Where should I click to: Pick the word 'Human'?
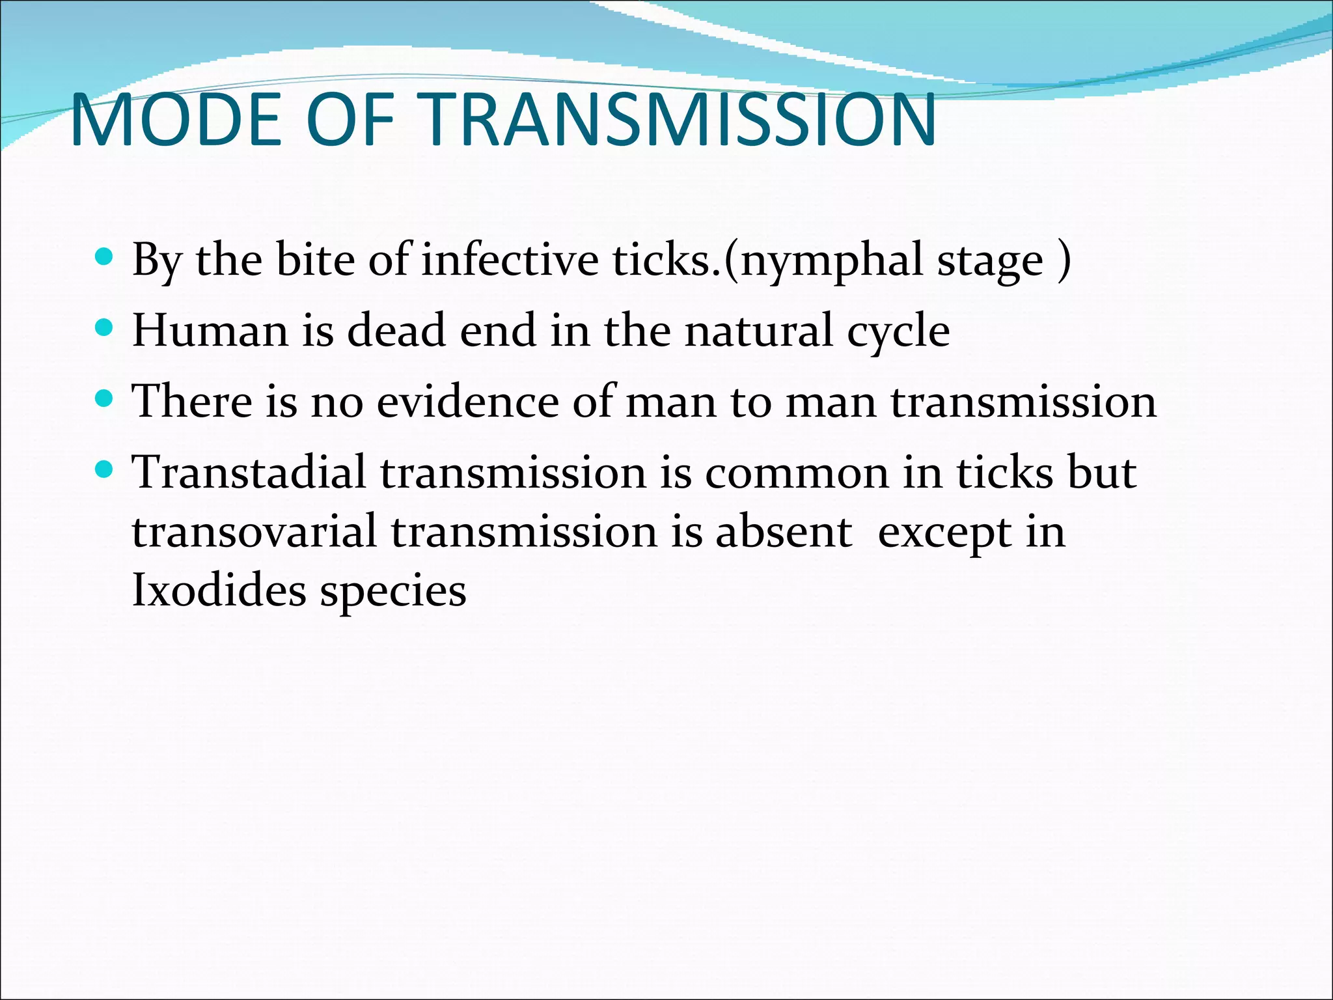210,330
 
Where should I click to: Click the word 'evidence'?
467,401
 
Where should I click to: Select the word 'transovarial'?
254,531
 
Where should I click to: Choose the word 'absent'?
784,531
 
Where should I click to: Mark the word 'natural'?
758,330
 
